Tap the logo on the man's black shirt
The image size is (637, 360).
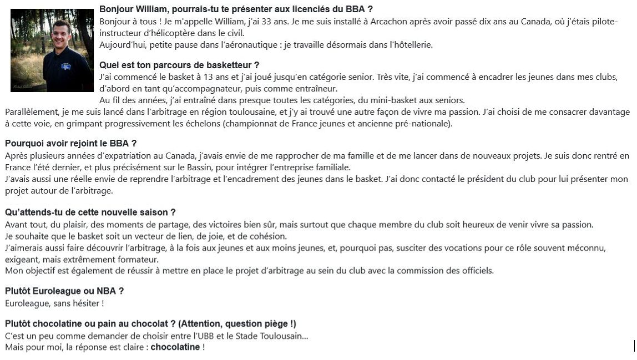(65, 67)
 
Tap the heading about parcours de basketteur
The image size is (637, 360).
(179, 65)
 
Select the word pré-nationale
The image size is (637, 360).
(423, 124)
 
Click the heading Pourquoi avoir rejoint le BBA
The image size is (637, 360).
(70, 144)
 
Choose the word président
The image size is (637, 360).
(502, 179)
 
